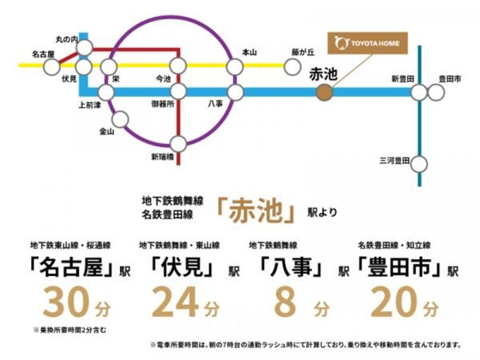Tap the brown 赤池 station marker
click(324, 92)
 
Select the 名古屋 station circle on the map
click(51, 67)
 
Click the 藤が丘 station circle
click(292, 67)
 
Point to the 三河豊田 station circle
click(419, 164)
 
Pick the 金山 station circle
click(121, 119)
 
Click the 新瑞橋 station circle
click(178, 144)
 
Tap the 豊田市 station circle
click(436, 92)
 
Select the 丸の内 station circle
click(84, 47)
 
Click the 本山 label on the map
click(249, 53)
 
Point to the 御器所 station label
click(163, 104)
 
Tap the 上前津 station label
click(90, 106)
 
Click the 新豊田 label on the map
click(403, 79)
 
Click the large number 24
click(175, 302)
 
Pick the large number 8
click(285, 302)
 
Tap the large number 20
click(394, 302)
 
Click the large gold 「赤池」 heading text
click(257, 211)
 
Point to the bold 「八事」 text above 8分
click(291, 266)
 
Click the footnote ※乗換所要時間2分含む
click(70, 330)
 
